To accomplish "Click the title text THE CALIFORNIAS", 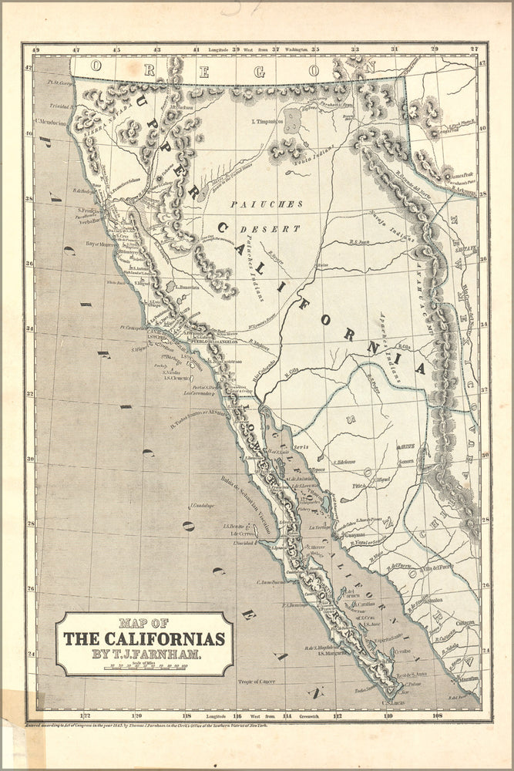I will click(144, 639).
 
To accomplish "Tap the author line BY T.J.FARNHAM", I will click(145, 654).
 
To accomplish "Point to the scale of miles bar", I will click(145, 665).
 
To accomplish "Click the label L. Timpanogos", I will click(266, 122).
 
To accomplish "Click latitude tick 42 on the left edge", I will click(29, 68).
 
